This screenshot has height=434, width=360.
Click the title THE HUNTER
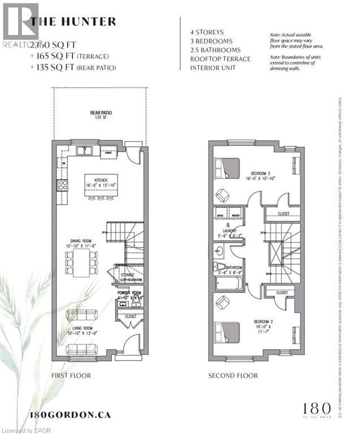pyautogui.click(x=73, y=22)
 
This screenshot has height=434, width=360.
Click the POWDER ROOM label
pyautogui.click(x=129, y=294)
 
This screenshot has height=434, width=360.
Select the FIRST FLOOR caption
pyautogui.click(x=71, y=375)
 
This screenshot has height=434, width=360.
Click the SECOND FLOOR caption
pyautogui.click(x=233, y=375)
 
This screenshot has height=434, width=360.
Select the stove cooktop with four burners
pyautogui.click(x=62, y=184)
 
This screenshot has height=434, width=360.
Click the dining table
pyautogui.click(x=81, y=263)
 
